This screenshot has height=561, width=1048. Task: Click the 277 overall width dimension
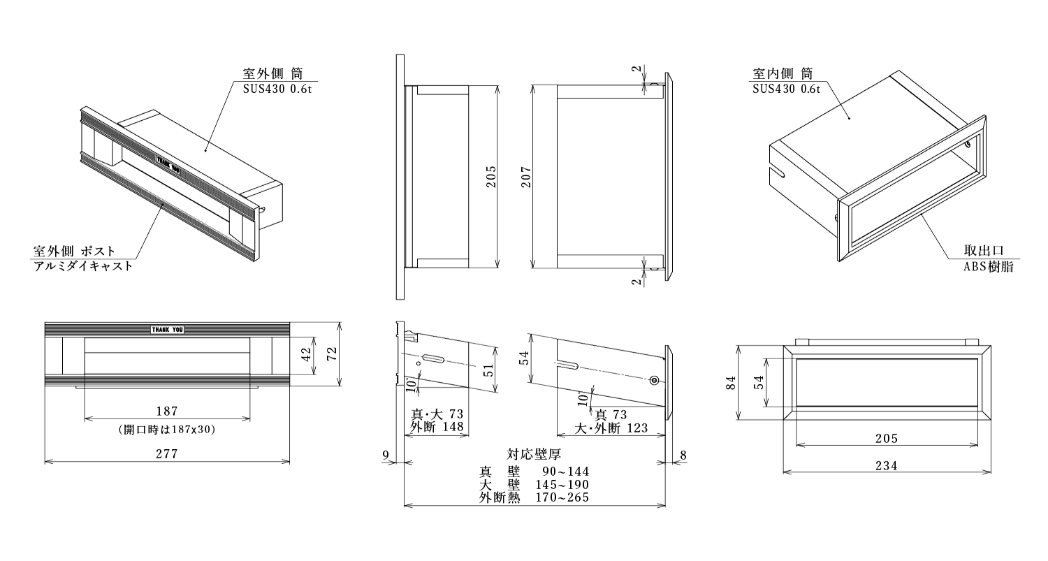coord(167,453)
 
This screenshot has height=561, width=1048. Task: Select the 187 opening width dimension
coord(167,411)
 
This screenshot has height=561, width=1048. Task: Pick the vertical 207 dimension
coord(526,177)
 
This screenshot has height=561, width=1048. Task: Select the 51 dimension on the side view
coord(488,370)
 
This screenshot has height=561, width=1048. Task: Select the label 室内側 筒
coord(783,73)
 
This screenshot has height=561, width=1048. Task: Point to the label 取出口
coord(984,251)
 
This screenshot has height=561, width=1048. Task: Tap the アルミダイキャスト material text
coord(82,266)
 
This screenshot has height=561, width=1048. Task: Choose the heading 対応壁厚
coord(534,455)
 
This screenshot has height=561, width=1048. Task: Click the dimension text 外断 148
coord(437,428)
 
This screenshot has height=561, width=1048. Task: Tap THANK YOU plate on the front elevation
coord(168,329)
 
